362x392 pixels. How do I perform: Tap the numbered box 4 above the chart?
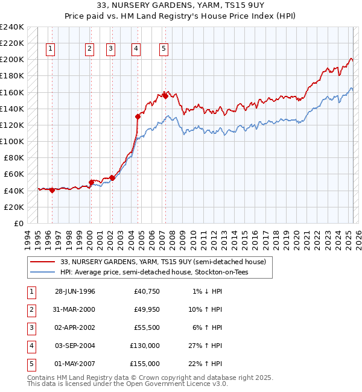[136, 49]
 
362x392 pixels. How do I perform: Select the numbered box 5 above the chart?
[164, 49]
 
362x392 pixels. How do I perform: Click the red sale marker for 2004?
[138, 117]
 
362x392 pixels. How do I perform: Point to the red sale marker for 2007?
[165, 96]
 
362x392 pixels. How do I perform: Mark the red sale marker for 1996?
[52, 190]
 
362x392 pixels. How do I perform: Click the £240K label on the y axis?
[12, 27]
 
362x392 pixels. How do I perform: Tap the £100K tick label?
[12, 141]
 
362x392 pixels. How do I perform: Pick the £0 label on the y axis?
[17, 223]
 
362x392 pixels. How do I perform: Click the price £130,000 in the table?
[145, 346]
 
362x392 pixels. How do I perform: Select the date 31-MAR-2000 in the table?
[75, 310]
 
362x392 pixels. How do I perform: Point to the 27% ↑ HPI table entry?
[205, 346]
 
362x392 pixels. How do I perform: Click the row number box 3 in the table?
[31, 328]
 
